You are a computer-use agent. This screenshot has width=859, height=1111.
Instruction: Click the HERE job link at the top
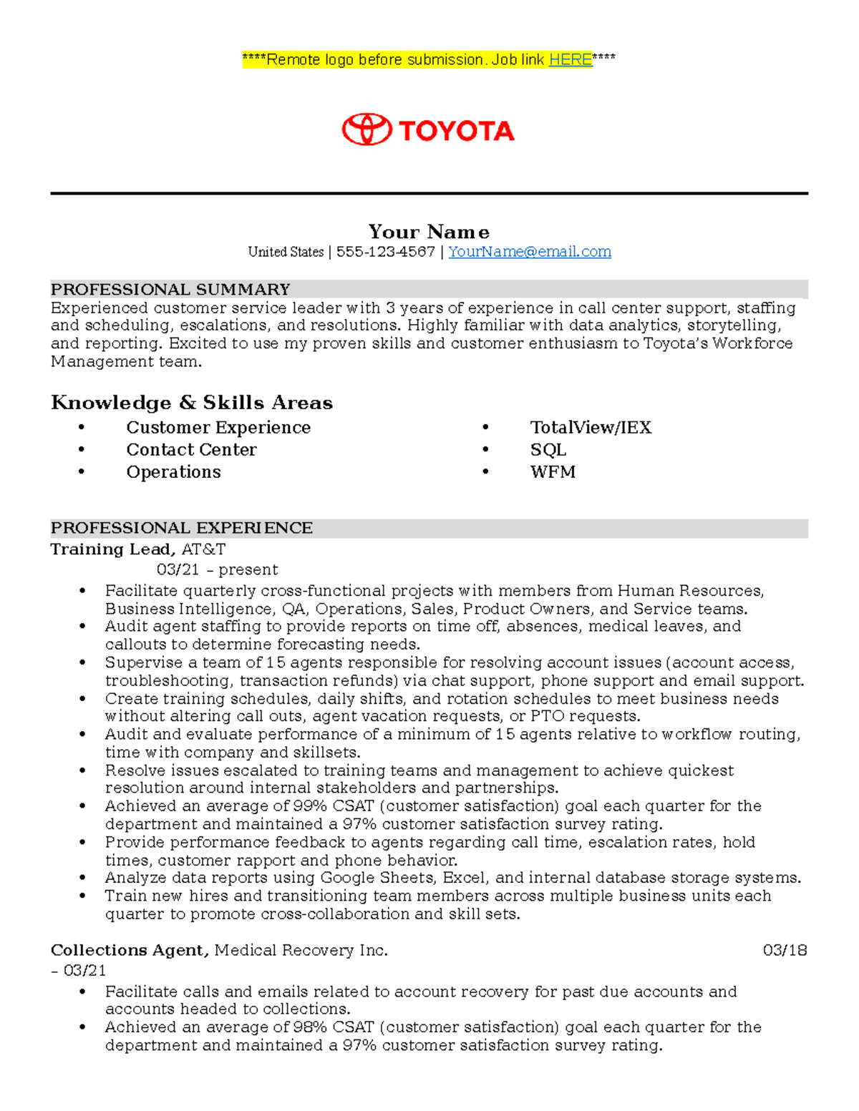point(570,60)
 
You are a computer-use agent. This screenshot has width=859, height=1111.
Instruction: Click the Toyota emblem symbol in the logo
point(367,130)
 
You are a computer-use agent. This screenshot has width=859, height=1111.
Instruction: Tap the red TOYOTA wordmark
point(457,131)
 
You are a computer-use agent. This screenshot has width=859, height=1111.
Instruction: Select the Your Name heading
point(429,232)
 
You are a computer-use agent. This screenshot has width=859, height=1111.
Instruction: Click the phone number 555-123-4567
point(385,252)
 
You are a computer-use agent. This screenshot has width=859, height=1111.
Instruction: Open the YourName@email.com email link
point(529,252)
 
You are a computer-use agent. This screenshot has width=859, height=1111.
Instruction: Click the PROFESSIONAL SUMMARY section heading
point(170,290)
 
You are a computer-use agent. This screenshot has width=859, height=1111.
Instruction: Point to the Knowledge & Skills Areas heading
point(192,403)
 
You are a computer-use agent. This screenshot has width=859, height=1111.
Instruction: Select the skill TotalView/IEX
point(591,428)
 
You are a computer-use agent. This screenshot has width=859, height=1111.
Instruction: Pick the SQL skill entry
point(548,450)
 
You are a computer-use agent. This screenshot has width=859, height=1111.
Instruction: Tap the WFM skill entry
point(553,472)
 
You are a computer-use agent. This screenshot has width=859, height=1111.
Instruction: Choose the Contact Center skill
point(191,450)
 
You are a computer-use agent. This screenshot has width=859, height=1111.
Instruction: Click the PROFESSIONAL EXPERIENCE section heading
point(182,528)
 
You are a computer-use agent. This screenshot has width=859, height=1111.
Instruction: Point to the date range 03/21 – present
point(218,570)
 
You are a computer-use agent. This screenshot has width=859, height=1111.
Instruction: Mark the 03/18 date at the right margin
point(785,951)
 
